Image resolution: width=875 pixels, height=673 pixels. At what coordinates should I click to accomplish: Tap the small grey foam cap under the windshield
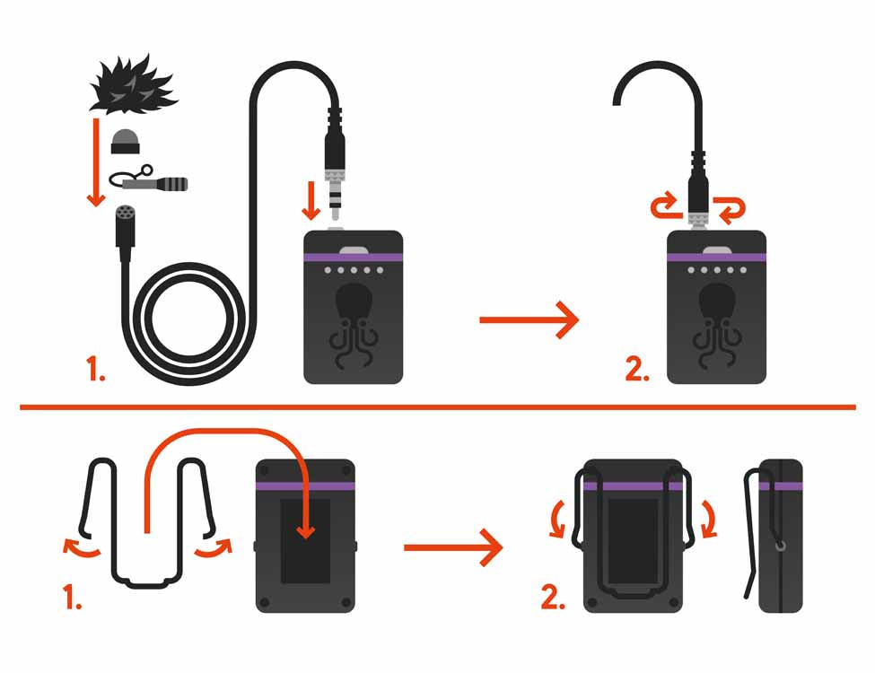pyautogui.click(x=127, y=141)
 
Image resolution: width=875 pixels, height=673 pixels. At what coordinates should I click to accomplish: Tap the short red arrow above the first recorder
pyautogui.click(x=311, y=199)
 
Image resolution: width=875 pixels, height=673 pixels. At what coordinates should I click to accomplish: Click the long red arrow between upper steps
pyautogui.click(x=529, y=319)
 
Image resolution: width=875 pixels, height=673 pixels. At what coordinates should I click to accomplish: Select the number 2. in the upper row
pyautogui.click(x=637, y=368)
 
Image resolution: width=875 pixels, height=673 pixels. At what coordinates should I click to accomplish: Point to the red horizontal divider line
pyautogui.click(x=437, y=407)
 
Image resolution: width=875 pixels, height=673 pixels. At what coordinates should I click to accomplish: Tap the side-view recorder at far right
pyautogui.click(x=779, y=536)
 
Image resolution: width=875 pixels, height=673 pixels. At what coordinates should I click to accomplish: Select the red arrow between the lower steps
pyautogui.click(x=453, y=547)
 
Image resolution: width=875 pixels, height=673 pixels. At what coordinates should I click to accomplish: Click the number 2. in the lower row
pyautogui.click(x=554, y=597)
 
